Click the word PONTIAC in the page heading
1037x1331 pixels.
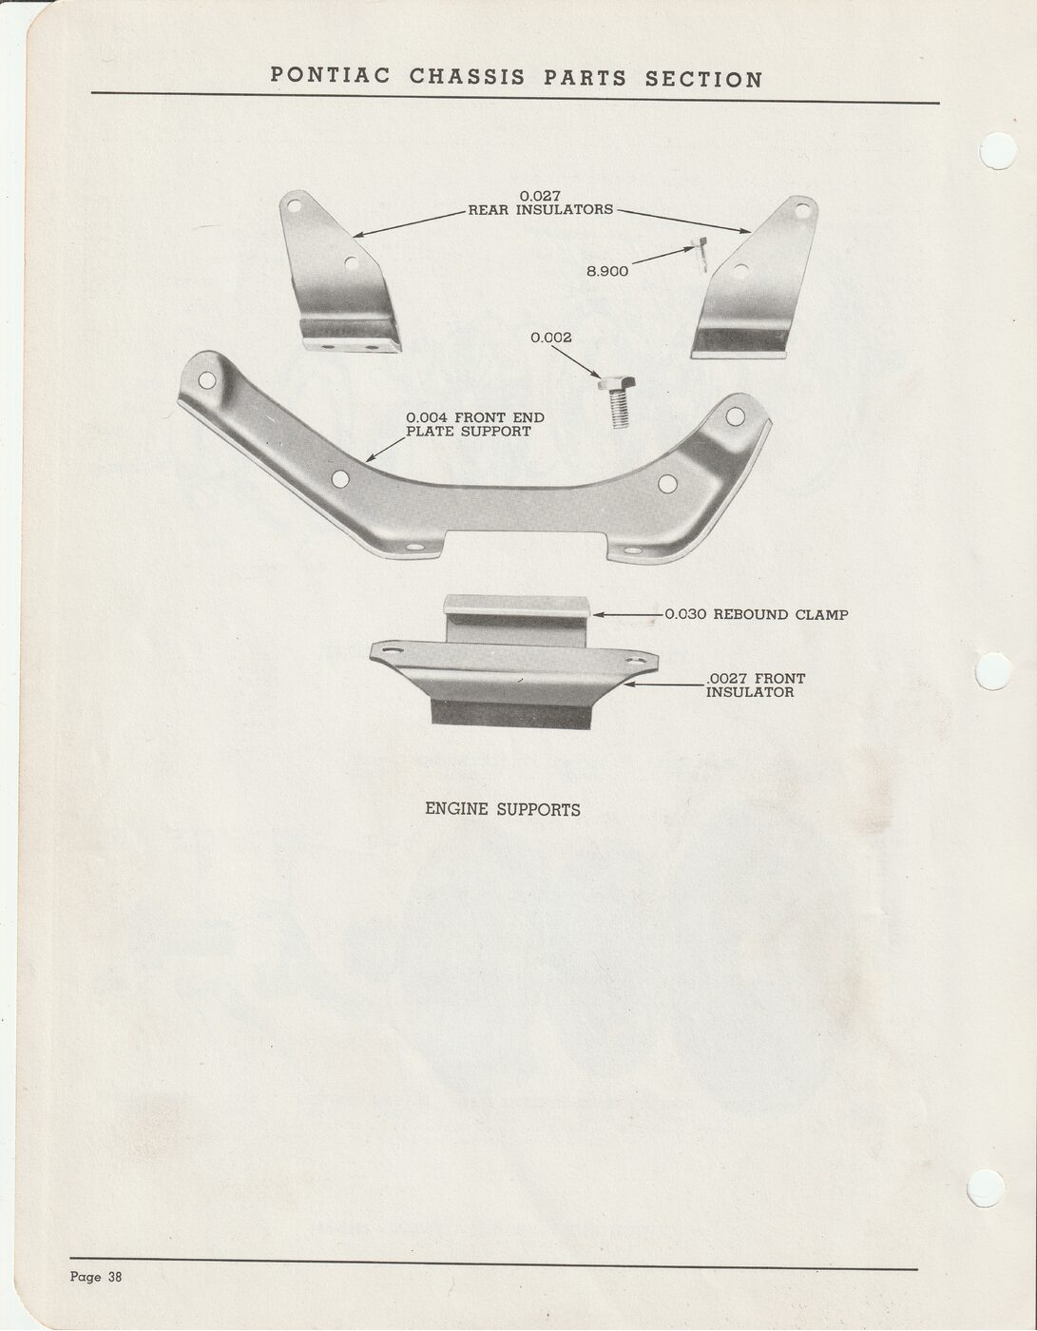coord(331,76)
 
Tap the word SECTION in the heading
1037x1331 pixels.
coord(704,79)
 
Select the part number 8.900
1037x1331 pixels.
coord(607,271)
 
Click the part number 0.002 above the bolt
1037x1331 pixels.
coord(551,338)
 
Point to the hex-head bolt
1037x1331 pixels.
coord(618,401)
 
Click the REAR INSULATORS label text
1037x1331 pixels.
coord(541,209)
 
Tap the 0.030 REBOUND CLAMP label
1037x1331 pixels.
coord(757,614)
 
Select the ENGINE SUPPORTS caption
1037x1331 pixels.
coord(503,809)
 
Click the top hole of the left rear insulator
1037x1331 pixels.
coord(295,205)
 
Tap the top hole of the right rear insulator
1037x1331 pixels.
coord(802,211)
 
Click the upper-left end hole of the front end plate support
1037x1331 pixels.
coord(207,380)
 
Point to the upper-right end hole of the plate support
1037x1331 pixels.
coord(735,416)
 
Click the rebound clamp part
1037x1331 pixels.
coord(516,620)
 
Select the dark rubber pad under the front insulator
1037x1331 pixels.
coord(511,715)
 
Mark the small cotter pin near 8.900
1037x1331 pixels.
coord(701,254)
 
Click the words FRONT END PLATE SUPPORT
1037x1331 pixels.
coord(475,424)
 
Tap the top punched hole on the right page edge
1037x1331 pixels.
coord(998,150)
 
